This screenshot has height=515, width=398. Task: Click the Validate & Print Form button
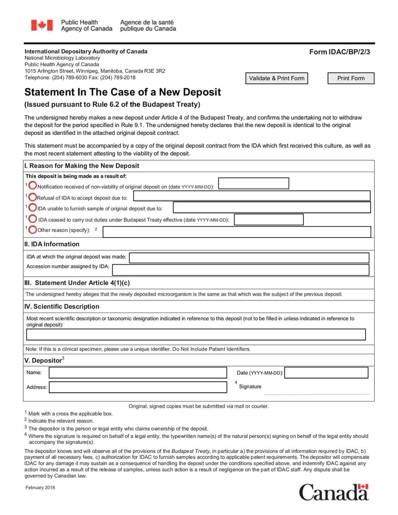point(277,78)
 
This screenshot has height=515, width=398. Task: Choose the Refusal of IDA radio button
point(32,197)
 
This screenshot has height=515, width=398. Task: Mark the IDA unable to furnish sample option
point(32,207)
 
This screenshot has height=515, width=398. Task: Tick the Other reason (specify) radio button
point(32,229)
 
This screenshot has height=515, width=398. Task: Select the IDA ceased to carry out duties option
point(32,218)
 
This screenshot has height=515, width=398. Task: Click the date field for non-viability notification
point(253,184)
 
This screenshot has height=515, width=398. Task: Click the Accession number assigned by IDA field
point(241,270)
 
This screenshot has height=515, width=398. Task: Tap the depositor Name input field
point(138,373)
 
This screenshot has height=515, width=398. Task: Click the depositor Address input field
point(138,387)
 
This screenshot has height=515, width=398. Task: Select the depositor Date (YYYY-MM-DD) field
point(327,373)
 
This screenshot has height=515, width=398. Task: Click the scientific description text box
point(196,334)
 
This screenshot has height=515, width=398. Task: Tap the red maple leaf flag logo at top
point(42,25)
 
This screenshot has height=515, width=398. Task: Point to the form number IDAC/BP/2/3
point(340,52)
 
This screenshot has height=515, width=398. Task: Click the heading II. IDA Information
point(52,244)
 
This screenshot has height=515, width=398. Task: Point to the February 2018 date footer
point(40,487)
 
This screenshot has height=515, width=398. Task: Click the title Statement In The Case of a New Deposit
point(123,93)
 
